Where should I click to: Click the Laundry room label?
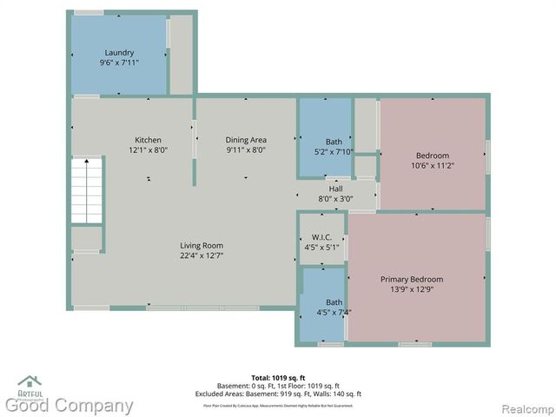click(x=119, y=52)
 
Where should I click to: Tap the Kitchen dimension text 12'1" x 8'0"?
click(x=148, y=149)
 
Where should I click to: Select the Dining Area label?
click(x=246, y=139)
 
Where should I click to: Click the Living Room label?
click(x=202, y=245)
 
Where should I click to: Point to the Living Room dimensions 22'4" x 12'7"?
click(x=202, y=255)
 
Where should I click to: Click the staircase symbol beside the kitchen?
click(x=86, y=189)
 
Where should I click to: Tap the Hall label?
click(x=335, y=189)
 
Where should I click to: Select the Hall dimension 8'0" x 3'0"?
click(x=335, y=199)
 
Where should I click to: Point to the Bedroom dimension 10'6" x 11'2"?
click(x=433, y=165)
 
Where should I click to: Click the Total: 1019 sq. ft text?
click(x=278, y=378)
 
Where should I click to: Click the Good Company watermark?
click(x=69, y=406)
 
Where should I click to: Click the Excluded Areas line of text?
click(x=278, y=394)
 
